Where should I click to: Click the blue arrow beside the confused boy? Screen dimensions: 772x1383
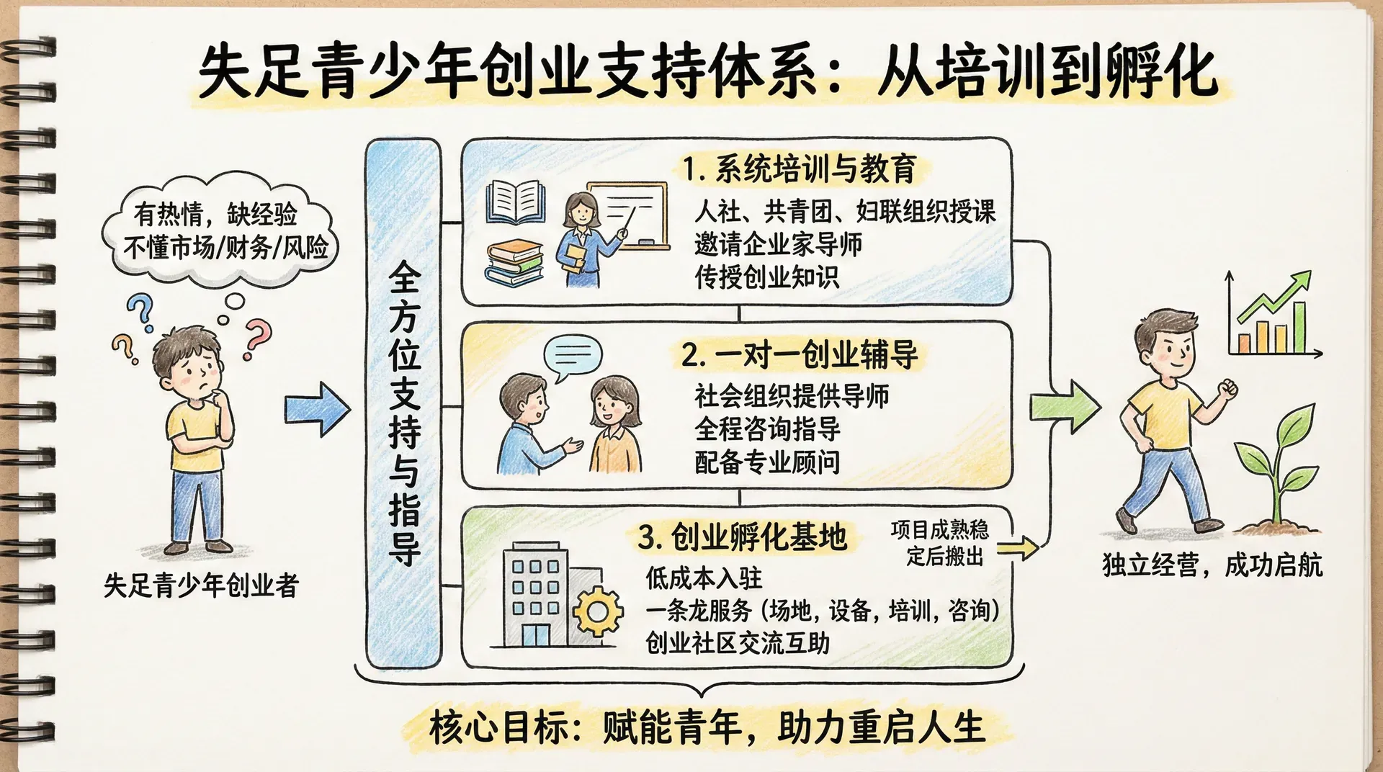317,409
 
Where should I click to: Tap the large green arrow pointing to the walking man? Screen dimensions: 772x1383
1065,407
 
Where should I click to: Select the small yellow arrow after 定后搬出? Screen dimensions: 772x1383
1017,549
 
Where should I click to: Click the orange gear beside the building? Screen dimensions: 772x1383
598,611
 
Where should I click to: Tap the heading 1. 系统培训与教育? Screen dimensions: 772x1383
799,169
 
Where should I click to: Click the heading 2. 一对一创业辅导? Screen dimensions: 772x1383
800,354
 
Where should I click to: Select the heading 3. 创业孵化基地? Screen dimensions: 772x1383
742,537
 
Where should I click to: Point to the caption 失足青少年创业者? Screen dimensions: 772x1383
201,585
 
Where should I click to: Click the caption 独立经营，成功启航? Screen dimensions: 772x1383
1212,565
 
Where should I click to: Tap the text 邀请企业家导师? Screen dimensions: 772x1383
778,244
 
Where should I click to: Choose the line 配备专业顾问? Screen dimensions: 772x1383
767,462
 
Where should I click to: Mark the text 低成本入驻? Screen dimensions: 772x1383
703,578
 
